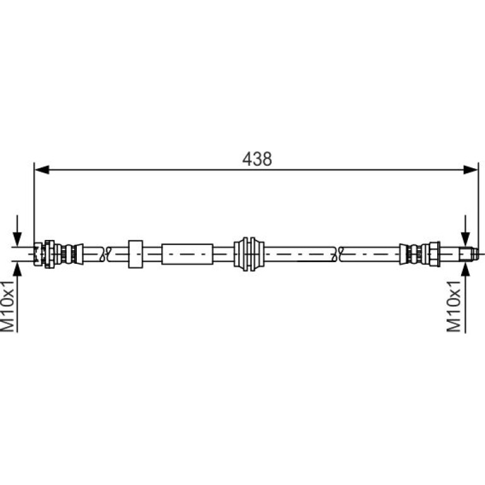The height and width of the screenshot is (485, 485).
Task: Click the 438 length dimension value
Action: pos(257,159)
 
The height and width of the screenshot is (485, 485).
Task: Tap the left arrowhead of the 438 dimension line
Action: pos(42,170)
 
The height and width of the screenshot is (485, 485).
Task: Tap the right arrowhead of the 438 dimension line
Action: pos(471,170)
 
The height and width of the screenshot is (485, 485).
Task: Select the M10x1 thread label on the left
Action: pos(8,306)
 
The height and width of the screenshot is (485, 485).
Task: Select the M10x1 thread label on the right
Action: pos(454,306)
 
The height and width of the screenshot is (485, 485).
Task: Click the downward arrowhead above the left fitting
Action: pos(18,239)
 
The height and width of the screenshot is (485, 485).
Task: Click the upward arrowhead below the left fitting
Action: pos(18,268)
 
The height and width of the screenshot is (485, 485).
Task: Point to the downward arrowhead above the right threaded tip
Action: pos(465,239)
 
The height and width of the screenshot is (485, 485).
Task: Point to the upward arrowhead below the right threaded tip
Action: pos(465,268)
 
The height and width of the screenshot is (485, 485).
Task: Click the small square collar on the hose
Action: pos(135,254)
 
